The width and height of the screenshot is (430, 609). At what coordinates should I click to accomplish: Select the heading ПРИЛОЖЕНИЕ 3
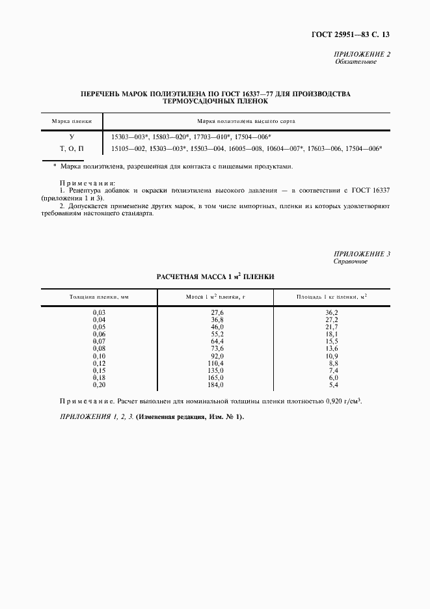point(362,254)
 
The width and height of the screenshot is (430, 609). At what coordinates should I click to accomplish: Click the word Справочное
point(351,262)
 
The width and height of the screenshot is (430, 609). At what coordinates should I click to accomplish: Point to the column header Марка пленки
point(72,121)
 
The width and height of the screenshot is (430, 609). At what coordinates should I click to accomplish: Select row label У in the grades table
point(72,137)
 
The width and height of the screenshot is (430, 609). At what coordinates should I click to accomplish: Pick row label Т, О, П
point(72,149)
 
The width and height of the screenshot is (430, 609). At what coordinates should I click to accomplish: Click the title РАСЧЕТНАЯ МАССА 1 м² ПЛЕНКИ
point(216,277)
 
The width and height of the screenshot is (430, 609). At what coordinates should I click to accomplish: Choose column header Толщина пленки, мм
point(100,297)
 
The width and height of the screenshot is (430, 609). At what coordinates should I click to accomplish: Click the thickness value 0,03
point(99,313)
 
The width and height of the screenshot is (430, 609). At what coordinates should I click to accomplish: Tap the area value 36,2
point(331,313)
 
